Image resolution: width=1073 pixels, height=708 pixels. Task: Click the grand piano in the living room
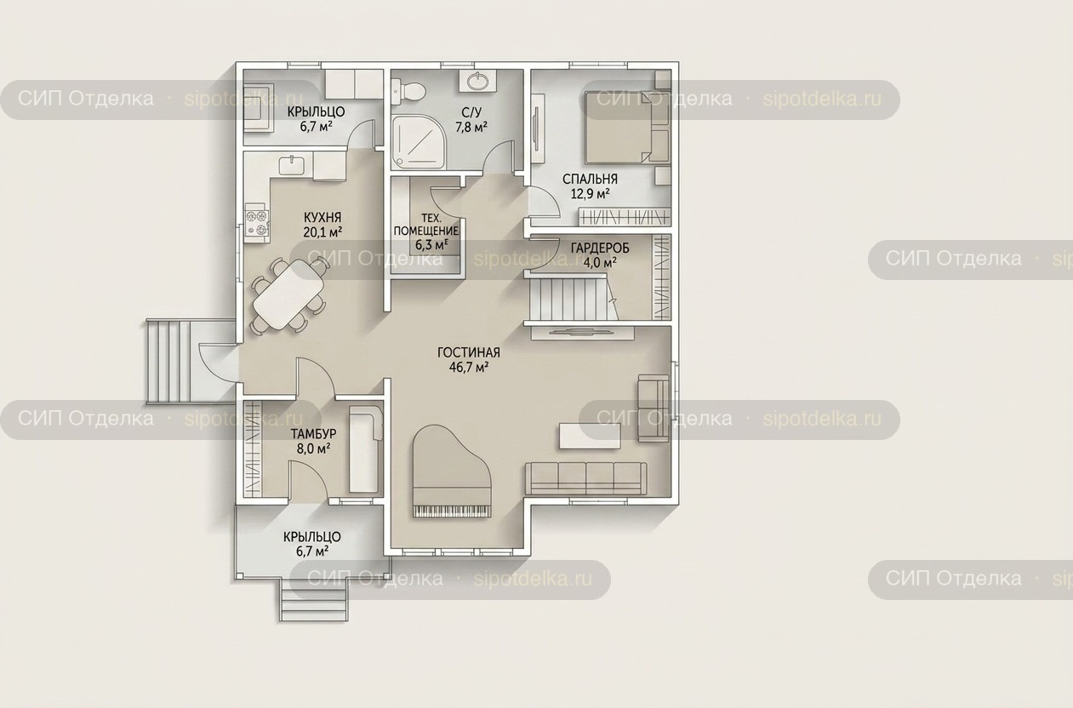(x=451, y=471)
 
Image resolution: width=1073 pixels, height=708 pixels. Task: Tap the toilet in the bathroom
(x=408, y=90)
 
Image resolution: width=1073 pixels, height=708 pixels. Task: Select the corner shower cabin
(x=419, y=141)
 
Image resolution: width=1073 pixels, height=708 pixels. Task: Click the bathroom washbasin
(x=477, y=81)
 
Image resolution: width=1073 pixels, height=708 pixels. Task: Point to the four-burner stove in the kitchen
(x=257, y=223)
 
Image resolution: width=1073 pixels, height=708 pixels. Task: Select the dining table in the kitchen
(x=288, y=294)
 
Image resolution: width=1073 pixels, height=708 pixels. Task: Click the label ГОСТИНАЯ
(x=469, y=352)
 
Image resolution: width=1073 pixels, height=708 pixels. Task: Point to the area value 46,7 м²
(x=469, y=368)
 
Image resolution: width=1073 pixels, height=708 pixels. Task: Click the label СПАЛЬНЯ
(x=590, y=180)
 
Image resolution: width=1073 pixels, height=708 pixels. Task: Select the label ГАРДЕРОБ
(x=600, y=248)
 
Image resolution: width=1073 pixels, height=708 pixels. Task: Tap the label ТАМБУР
(x=313, y=434)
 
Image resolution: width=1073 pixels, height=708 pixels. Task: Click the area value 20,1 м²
(x=322, y=232)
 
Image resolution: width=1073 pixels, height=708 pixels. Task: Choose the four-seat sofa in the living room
(x=585, y=478)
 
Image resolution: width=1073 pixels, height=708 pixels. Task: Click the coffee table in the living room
(x=590, y=436)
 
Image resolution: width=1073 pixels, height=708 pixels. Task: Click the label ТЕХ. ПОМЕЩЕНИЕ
(x=425, y=224)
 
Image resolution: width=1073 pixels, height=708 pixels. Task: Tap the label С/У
(x=471, y=112)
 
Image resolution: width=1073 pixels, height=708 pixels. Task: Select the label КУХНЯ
(x=322, y=218)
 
